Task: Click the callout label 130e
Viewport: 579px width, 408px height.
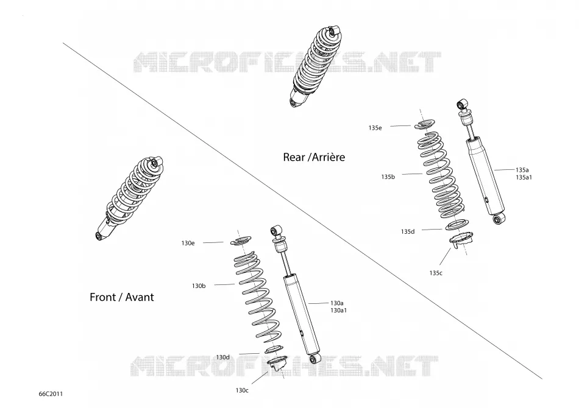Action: (x=188, y=243)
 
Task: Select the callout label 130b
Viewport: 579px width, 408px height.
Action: (x=199, y=286)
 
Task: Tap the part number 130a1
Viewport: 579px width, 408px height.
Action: (x=339, y=310)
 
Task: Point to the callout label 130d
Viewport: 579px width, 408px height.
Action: (x=222, y=357)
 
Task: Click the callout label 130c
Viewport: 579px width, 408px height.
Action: (x=242, y=390)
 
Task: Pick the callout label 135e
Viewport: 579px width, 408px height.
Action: (x=375, y=128)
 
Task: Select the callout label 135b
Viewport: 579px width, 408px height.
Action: (x=388, y=177)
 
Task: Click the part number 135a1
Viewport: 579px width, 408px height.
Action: (x=524, y=177)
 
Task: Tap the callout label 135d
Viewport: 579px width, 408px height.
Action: (x=408, y=231)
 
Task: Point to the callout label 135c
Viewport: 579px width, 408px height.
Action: (x=436, y=273)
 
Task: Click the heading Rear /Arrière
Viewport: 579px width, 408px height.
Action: (x=314, y=157)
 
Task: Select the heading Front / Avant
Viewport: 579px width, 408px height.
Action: (x=122, y=297)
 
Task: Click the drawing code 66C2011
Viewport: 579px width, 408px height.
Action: (x=51, y=393)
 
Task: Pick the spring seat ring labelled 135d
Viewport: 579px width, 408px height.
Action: (x=457, y=225)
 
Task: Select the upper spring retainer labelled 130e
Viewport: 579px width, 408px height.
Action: (x=241, y=241)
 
